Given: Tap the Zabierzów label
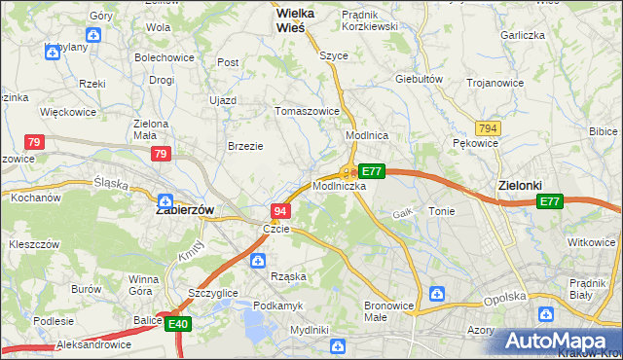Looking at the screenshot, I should (x=185, y=209).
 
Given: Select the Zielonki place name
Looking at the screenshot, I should (x=519, y=185).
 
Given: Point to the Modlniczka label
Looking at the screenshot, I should (x=340, y=185).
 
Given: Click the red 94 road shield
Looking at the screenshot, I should (x=280, y=211).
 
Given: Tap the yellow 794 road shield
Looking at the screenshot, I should (x=489, y=128).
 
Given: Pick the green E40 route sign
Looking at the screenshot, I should (x=177, y=324).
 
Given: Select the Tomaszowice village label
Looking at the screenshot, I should (x=308, y=111).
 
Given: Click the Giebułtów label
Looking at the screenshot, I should (x=420, y=79).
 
